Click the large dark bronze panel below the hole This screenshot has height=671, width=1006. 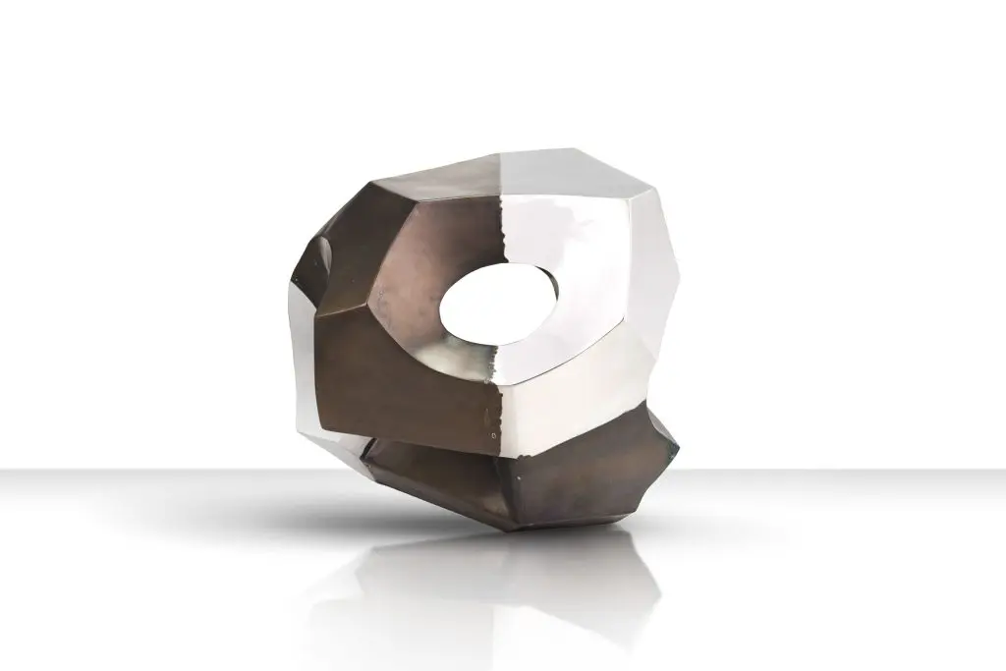click(x=413, y=378)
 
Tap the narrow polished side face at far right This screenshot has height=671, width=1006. click(x=653, y=295)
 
